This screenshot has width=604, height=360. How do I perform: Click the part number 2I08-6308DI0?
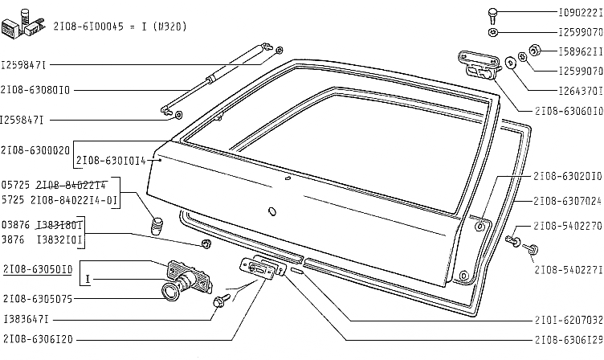(35, 90)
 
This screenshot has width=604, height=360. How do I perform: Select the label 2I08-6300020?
(35, 149)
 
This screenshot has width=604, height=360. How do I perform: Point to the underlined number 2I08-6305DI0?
(38, 269)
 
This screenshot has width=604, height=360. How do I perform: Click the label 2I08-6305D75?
(38, 298)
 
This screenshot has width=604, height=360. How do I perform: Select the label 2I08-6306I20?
(38, 339)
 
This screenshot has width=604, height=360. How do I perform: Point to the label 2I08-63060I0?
(567, 111)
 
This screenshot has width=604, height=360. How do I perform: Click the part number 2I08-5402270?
(567, 226)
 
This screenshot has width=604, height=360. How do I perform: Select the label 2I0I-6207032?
(567, 318)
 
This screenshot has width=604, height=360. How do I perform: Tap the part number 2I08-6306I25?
(567, 339)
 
